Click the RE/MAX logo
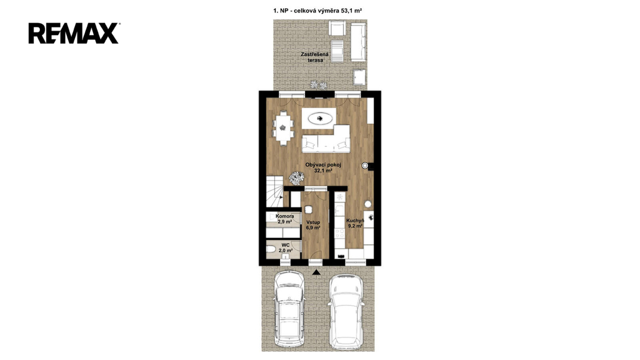click(x=74, y=34)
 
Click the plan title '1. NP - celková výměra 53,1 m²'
click(x=317, y=11)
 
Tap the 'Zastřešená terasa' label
click(x=312, y=57)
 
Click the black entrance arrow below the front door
click(x=316, y=272)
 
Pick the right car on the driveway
click(x=346, y=312)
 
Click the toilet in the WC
click(x=271, y=249)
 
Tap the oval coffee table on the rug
click(x=319, y=119)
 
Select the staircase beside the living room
click(x=275, y=191)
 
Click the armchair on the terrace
click(x=337, y=29)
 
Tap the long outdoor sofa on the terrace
click(x=358, y=42)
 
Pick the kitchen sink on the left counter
click(x=339, y=210)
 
